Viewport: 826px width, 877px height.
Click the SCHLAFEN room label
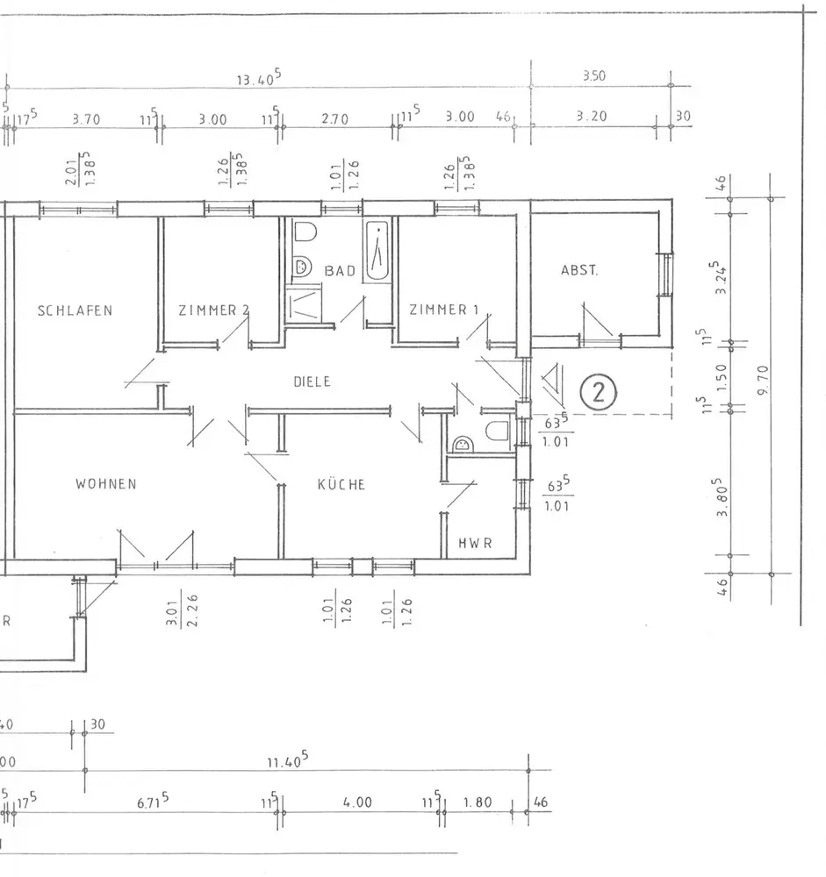click(x=75, y=310)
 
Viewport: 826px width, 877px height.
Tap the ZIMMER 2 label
click(x=213, y=310)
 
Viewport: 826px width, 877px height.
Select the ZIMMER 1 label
click(x=444, y=310)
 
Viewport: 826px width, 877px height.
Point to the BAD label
click(x=341, y=271)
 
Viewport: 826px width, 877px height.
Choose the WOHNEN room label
click(x=105, y=484)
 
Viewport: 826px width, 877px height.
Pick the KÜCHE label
click(x=341, y=484)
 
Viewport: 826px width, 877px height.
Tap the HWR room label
click(x=475, y=543)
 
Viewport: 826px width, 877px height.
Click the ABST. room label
click(x=579, y=271)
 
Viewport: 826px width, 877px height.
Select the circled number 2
click(x=600, y=391)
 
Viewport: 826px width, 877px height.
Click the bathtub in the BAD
click(x=379, y=251)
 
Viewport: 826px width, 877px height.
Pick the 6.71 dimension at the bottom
click(x=153, y=802)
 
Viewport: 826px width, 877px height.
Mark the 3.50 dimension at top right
click(x=593, y=77)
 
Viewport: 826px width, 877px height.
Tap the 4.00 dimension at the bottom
click(x=357, y=802)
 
